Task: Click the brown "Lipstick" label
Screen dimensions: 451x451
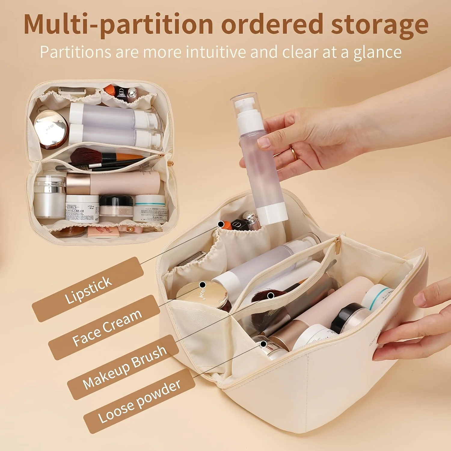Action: [x=88, y=290]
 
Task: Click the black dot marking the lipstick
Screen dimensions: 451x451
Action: [x=221, y=224]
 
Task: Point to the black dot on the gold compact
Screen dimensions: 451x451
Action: [x=203, y=284]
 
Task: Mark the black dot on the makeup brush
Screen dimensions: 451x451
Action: [x=271, y=296]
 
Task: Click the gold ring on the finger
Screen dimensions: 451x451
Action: [x=294, y=154]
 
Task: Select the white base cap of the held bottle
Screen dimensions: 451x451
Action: [x=272, y=213]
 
